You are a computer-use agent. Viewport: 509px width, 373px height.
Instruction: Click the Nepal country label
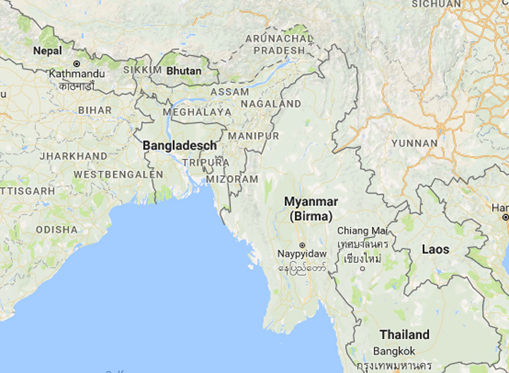point(47,50)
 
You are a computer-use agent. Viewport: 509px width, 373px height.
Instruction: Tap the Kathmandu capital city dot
point(77,64)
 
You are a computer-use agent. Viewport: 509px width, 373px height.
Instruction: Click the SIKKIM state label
point(142,70)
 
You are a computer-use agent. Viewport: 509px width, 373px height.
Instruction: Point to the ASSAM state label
point(230,91)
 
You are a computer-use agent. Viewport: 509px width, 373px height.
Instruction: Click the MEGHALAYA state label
point(197,113)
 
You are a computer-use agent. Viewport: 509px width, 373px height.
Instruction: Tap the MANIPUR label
point(253,136)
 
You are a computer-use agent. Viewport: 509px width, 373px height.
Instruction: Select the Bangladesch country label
point(179,145)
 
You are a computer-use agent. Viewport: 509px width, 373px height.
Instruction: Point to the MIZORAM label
point(232,179)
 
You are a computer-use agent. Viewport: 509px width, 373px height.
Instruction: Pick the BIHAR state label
point(95,109)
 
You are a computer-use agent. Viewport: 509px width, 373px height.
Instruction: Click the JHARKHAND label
point(73,156)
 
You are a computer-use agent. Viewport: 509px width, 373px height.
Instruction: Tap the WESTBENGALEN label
point(118,174)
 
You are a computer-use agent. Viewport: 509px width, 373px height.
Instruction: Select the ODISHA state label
point(57,229)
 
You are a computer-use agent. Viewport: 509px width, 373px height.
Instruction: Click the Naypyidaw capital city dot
point(302,245)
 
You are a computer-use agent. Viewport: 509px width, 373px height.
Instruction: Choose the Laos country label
point(435,249)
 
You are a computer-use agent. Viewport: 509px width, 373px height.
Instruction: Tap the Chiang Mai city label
point(363,230)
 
